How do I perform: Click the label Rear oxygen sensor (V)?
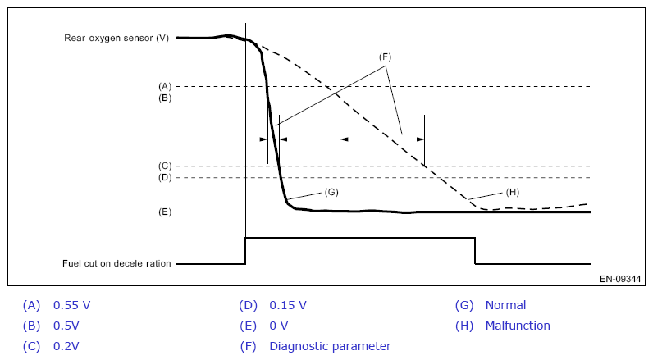point(116,38)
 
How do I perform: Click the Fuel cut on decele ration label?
point(116,264)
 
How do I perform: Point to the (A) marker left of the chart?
point(164,86)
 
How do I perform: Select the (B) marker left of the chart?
point(164,98)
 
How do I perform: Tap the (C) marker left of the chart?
point(164,166)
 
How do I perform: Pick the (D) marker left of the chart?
point(164,177)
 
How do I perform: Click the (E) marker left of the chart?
point(164,212)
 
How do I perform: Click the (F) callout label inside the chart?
point(385,57)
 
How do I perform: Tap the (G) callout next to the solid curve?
point(331,191)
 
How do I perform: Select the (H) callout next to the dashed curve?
point(513,192)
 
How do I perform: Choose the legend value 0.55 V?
point(71,305)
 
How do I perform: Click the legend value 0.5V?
point(67,326)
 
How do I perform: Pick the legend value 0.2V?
point(67,346)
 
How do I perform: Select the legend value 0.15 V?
point(288,305)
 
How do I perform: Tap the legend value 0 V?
point(278,326)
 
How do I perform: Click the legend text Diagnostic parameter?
point(330,346)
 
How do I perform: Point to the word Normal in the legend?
point(505,305)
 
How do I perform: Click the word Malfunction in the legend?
point(518,326)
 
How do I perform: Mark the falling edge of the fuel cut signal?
point(475,251)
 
